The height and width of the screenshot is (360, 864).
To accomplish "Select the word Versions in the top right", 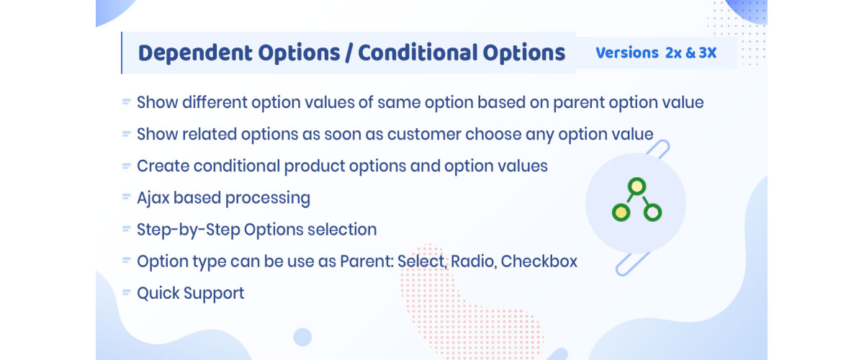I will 626,53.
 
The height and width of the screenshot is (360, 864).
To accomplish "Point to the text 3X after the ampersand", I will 707,53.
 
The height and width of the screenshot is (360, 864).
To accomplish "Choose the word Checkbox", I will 539,261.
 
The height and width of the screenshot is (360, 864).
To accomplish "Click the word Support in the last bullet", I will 214,293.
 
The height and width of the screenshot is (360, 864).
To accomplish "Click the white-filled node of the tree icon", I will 652,212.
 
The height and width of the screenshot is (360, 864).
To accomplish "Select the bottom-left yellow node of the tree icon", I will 619,212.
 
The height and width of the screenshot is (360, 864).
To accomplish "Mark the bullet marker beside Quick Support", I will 126,292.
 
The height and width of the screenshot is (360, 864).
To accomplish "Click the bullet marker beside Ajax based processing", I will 126,197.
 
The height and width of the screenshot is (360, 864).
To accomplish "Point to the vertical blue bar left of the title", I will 122,53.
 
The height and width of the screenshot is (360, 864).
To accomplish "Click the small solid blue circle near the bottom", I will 302,337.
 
